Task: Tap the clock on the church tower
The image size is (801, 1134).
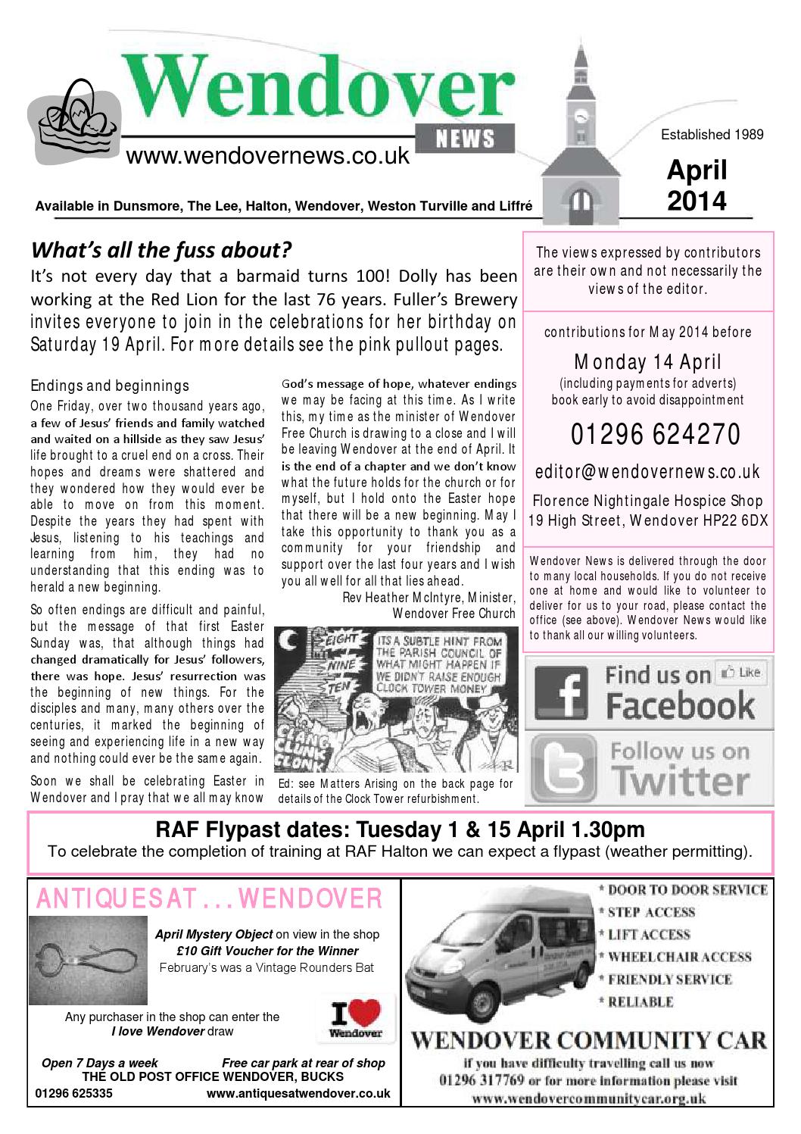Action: [581, 117]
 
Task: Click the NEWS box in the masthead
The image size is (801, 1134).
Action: [466, 138]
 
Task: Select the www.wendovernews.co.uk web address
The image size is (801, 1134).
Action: [267, 156]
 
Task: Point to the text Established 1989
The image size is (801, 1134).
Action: [712, 135]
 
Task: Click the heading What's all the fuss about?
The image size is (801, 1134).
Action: [161, 249]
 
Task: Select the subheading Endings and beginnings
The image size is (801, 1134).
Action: [110, 386]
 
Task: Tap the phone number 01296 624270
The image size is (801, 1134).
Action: [655, 435]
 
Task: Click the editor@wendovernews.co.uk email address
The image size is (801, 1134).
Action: [647, 472]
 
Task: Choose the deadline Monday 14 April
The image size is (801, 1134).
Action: [647, 361]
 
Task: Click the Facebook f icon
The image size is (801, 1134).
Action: [561, 692]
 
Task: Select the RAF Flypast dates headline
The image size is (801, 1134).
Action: [400, 829]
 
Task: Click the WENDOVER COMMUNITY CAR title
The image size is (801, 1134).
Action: [588, 1040]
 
